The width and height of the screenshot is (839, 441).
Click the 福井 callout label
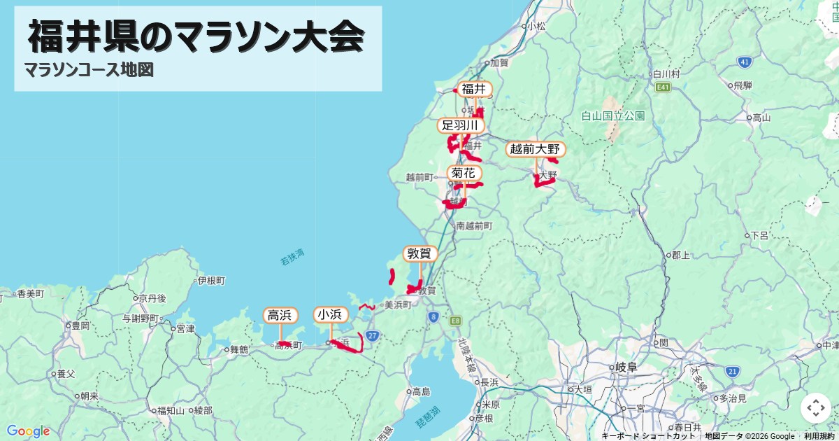click(473, 89)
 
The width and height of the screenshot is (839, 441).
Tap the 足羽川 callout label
click(459, 125)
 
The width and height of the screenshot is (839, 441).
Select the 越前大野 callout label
click(535, 149)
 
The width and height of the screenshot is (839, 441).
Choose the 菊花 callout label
click(464, 173)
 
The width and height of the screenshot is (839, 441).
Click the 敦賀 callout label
click(420, 253)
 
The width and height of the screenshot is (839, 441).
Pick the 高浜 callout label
click(280, 315)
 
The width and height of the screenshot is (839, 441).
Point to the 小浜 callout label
click(330, 315)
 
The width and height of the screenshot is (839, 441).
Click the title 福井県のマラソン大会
click(196, 37)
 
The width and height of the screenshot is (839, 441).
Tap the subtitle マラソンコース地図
click(88, 70)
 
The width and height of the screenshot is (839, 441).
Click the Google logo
click(28, 431)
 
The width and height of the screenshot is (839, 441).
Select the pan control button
click(816, 408)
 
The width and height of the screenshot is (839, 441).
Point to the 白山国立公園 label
click(612, 115)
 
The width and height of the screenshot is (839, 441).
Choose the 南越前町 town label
click(474, 226)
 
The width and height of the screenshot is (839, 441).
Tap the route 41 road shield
click(745, 62)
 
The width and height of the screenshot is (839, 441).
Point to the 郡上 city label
click(680, 255)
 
